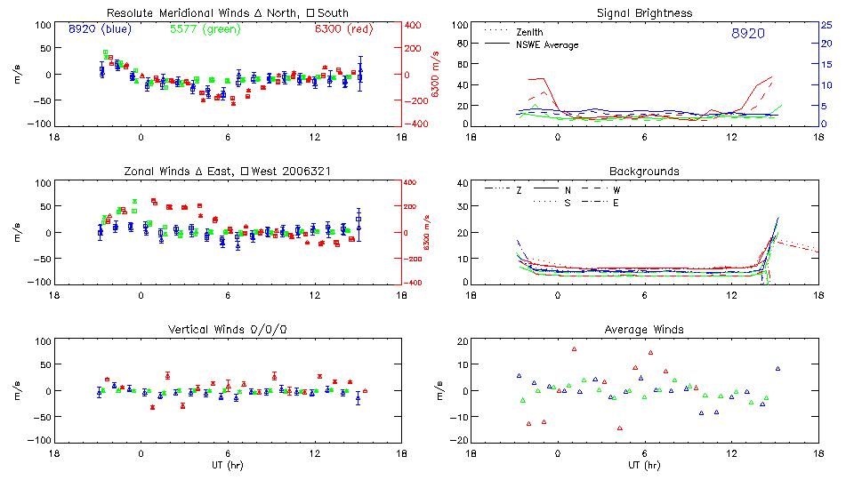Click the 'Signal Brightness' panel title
tap(645, 12)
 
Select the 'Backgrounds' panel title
tap(644, 171)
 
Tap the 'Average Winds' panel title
tap(644, 330)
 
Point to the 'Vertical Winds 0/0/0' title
tap(227, 330)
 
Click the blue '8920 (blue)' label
tap(100, 28)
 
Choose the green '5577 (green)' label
tap(201, 28)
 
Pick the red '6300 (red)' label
tap(343, 28)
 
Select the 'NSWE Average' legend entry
tap(547, 44)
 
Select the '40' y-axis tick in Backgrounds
tap(462, 184)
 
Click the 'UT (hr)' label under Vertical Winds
tap(227, 465)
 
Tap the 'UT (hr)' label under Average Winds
tap(644, 465)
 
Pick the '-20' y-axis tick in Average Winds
tap(459, 441)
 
